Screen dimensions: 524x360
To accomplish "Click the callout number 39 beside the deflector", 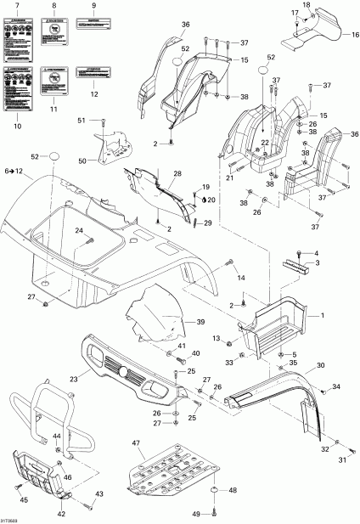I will tap(201, 323).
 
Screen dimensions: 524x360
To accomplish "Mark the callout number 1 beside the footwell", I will tap(322, 314).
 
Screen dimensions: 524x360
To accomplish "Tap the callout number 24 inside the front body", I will tap(101, 231).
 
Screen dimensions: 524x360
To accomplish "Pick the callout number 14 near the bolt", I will tap(241, 279).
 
